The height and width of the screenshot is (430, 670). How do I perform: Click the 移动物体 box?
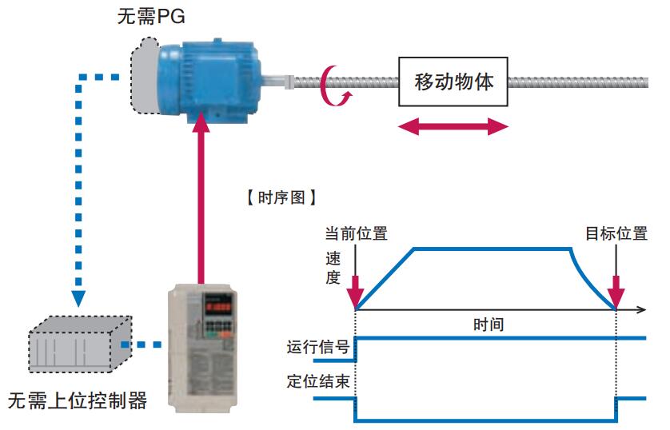tap(453, 82)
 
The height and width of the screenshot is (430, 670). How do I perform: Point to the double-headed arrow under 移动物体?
tap(453, 125)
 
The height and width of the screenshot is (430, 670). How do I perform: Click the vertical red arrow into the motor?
tap(201, 200)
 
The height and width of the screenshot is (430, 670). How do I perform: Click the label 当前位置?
tap(356, 233)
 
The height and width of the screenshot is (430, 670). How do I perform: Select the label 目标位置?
tap(616, 233)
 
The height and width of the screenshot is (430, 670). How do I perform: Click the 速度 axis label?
tap(333, 269)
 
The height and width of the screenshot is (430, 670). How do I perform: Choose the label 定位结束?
tap(318, 381)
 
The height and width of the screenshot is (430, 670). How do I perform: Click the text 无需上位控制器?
tap(78, 400)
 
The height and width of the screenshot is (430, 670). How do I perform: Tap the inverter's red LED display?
tap(219, 305)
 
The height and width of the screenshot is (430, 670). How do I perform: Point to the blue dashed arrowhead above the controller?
tap(78, 299)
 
